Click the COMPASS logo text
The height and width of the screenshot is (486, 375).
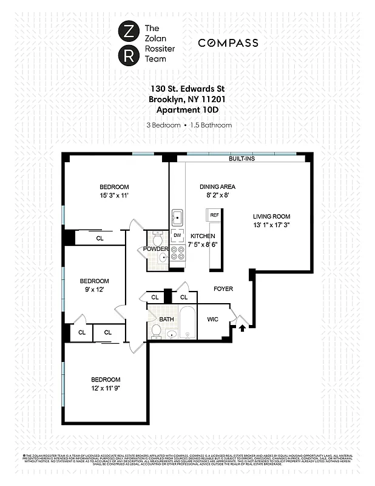(228, 43)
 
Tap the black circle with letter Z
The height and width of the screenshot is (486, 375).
(129, 31)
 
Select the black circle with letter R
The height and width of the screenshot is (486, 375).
(129, 56)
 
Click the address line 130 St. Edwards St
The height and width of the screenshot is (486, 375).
(187, 89)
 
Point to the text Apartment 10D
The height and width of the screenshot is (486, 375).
(187, 109)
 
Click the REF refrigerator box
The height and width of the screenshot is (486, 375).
(214, 216)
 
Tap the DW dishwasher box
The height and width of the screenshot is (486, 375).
(177, 234)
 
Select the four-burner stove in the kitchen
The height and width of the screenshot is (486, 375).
(177, 252)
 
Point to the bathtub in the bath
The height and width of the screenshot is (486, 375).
(187, 323)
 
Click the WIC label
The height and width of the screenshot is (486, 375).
(212, 319)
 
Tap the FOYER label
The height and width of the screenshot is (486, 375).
(223, 289)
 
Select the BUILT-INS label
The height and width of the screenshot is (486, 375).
(242, 159)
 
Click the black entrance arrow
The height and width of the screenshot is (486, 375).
(243, 329)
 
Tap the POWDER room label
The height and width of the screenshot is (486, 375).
(155, 249)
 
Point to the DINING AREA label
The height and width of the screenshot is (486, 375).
(218, 187)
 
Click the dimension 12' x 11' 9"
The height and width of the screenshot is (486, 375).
(106, 388)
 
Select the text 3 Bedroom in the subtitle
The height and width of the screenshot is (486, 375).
(163, 125)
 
